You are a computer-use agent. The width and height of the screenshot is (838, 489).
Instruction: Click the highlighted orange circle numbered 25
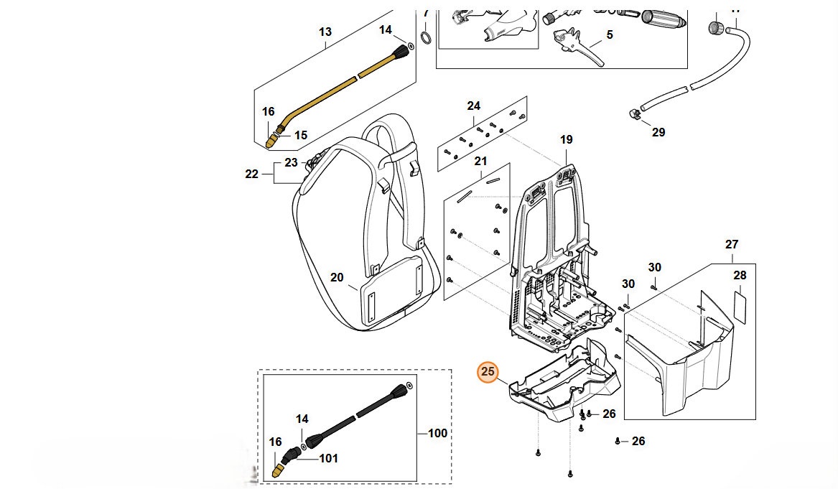[488, 371]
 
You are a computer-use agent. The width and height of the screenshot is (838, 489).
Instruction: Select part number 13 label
[325, 32]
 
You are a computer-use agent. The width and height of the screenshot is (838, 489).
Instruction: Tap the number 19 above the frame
[566, 140]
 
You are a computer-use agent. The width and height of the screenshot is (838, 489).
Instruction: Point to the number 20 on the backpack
[337, 277]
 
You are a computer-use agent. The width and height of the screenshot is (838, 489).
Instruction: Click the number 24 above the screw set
[473, 106]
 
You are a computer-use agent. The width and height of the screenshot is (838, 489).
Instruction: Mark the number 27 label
[731, 244]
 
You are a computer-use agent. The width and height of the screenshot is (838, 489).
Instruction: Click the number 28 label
[740, 275]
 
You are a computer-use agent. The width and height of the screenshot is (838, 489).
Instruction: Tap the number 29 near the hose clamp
[658, 132]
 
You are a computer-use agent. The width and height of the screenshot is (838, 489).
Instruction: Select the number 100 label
[437, 433]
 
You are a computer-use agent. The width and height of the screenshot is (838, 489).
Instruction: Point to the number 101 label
[328, 458]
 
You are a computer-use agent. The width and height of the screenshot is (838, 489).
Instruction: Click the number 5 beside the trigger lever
[610, 34]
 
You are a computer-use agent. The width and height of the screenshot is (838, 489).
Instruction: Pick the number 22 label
[251, 173]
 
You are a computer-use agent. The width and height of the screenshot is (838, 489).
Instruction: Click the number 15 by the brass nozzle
[300, 134]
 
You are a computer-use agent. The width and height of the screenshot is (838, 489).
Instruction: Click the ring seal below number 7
[425, 37]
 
